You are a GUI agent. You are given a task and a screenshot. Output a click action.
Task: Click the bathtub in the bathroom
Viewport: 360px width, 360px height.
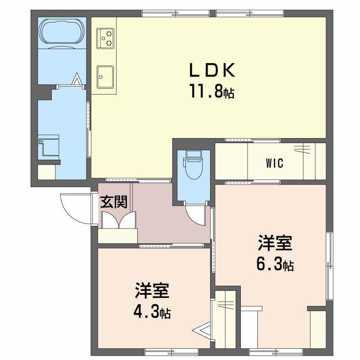(62, 32)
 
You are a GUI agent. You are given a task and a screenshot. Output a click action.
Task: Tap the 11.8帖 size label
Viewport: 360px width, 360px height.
(211, 92)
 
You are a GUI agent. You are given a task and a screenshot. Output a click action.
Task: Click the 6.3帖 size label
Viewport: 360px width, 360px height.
(275, 265)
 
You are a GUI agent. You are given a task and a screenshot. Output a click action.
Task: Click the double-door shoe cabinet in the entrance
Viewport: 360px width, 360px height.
(118, 220)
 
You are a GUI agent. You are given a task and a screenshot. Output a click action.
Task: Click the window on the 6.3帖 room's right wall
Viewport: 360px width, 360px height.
(329, 265)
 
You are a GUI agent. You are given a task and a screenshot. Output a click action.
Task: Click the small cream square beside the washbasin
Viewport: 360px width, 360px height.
(46, 172)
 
